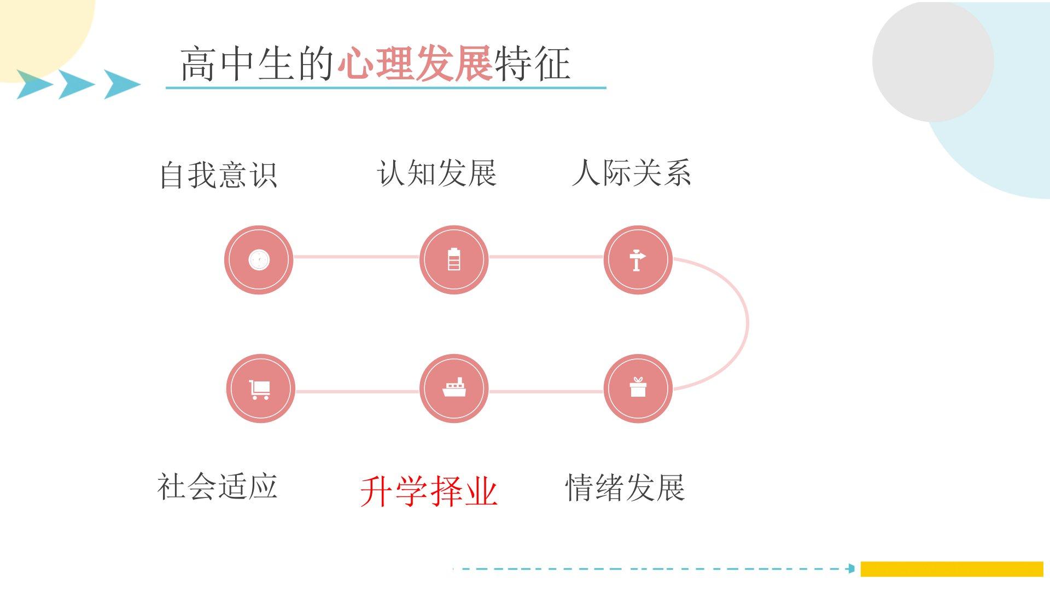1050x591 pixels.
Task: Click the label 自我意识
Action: click(218, 175)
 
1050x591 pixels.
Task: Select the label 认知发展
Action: click(436, 173)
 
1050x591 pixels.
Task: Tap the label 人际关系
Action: click(631, 173)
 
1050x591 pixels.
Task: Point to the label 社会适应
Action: click(217, 486)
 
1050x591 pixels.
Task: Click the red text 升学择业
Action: click(429, 491)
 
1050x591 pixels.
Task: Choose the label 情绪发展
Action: click(625, 488)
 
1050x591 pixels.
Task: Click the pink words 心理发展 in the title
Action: click(415, 64)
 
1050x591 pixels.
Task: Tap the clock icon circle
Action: click(259, 259)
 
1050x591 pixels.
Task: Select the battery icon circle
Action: click(454, 259)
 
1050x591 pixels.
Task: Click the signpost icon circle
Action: click(638, 259)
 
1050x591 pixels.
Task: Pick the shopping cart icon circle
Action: click(260, 389)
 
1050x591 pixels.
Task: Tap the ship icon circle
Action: click(454, 389)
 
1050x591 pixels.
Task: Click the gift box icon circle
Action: click(638, 389)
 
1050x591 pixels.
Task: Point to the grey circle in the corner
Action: click(932, 61)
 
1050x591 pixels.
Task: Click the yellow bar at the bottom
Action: click(952, 569)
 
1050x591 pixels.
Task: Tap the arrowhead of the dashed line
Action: click(851, 569)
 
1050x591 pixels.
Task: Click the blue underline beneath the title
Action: click(386, 88)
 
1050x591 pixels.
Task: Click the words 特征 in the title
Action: click(533, 64)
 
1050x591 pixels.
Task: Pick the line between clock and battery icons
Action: click(356, 257)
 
